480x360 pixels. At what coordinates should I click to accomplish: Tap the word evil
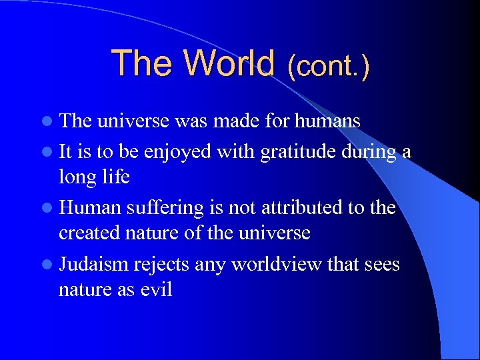[156, 289]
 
